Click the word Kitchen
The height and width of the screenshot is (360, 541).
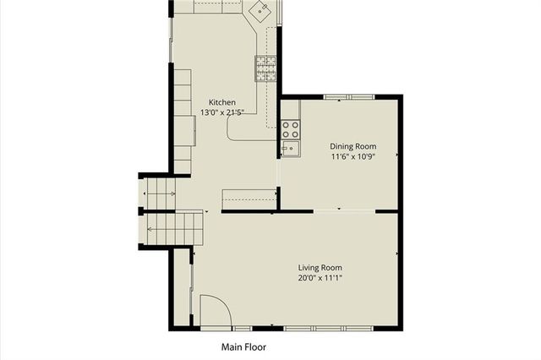(x=210, y=102)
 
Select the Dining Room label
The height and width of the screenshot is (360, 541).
(x=352, y=145)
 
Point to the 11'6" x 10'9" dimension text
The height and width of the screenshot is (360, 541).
(x=352, y=155)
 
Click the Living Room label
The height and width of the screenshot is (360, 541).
(x=319, y=267)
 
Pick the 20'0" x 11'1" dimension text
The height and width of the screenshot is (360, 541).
(x=319, y=277)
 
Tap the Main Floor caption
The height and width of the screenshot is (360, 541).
(x=245, y=346)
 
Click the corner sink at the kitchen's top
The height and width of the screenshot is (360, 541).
(x=262, y=11)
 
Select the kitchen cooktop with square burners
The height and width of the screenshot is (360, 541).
(x=266, y=68)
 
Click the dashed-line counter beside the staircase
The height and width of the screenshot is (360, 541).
(x=249, y=199)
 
